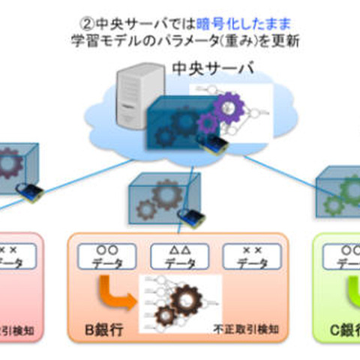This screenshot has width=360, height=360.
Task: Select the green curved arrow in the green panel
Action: pos(349,289)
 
